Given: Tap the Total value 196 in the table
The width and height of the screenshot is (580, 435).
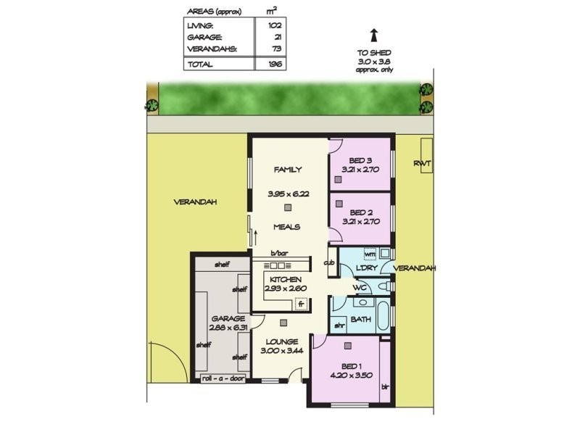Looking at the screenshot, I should pos(275,64).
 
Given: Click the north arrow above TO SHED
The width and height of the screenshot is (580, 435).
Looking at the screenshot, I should pos(373,35).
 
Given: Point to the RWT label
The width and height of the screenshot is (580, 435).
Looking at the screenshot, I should pos(422,164).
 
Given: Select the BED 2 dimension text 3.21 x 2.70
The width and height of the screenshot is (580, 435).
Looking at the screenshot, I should pos(360,223).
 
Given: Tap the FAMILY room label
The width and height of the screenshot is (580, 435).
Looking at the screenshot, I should pos(287,170).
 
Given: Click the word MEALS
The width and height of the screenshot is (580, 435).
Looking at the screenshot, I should pos(287,227).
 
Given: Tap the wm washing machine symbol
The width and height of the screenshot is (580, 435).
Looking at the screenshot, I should pos(369,254).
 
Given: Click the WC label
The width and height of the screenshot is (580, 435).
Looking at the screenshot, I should pos(358,288).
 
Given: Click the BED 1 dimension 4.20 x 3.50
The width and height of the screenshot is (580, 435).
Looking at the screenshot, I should pos(346,375).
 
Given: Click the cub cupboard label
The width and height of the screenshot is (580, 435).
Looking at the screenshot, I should pos(329,262).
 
